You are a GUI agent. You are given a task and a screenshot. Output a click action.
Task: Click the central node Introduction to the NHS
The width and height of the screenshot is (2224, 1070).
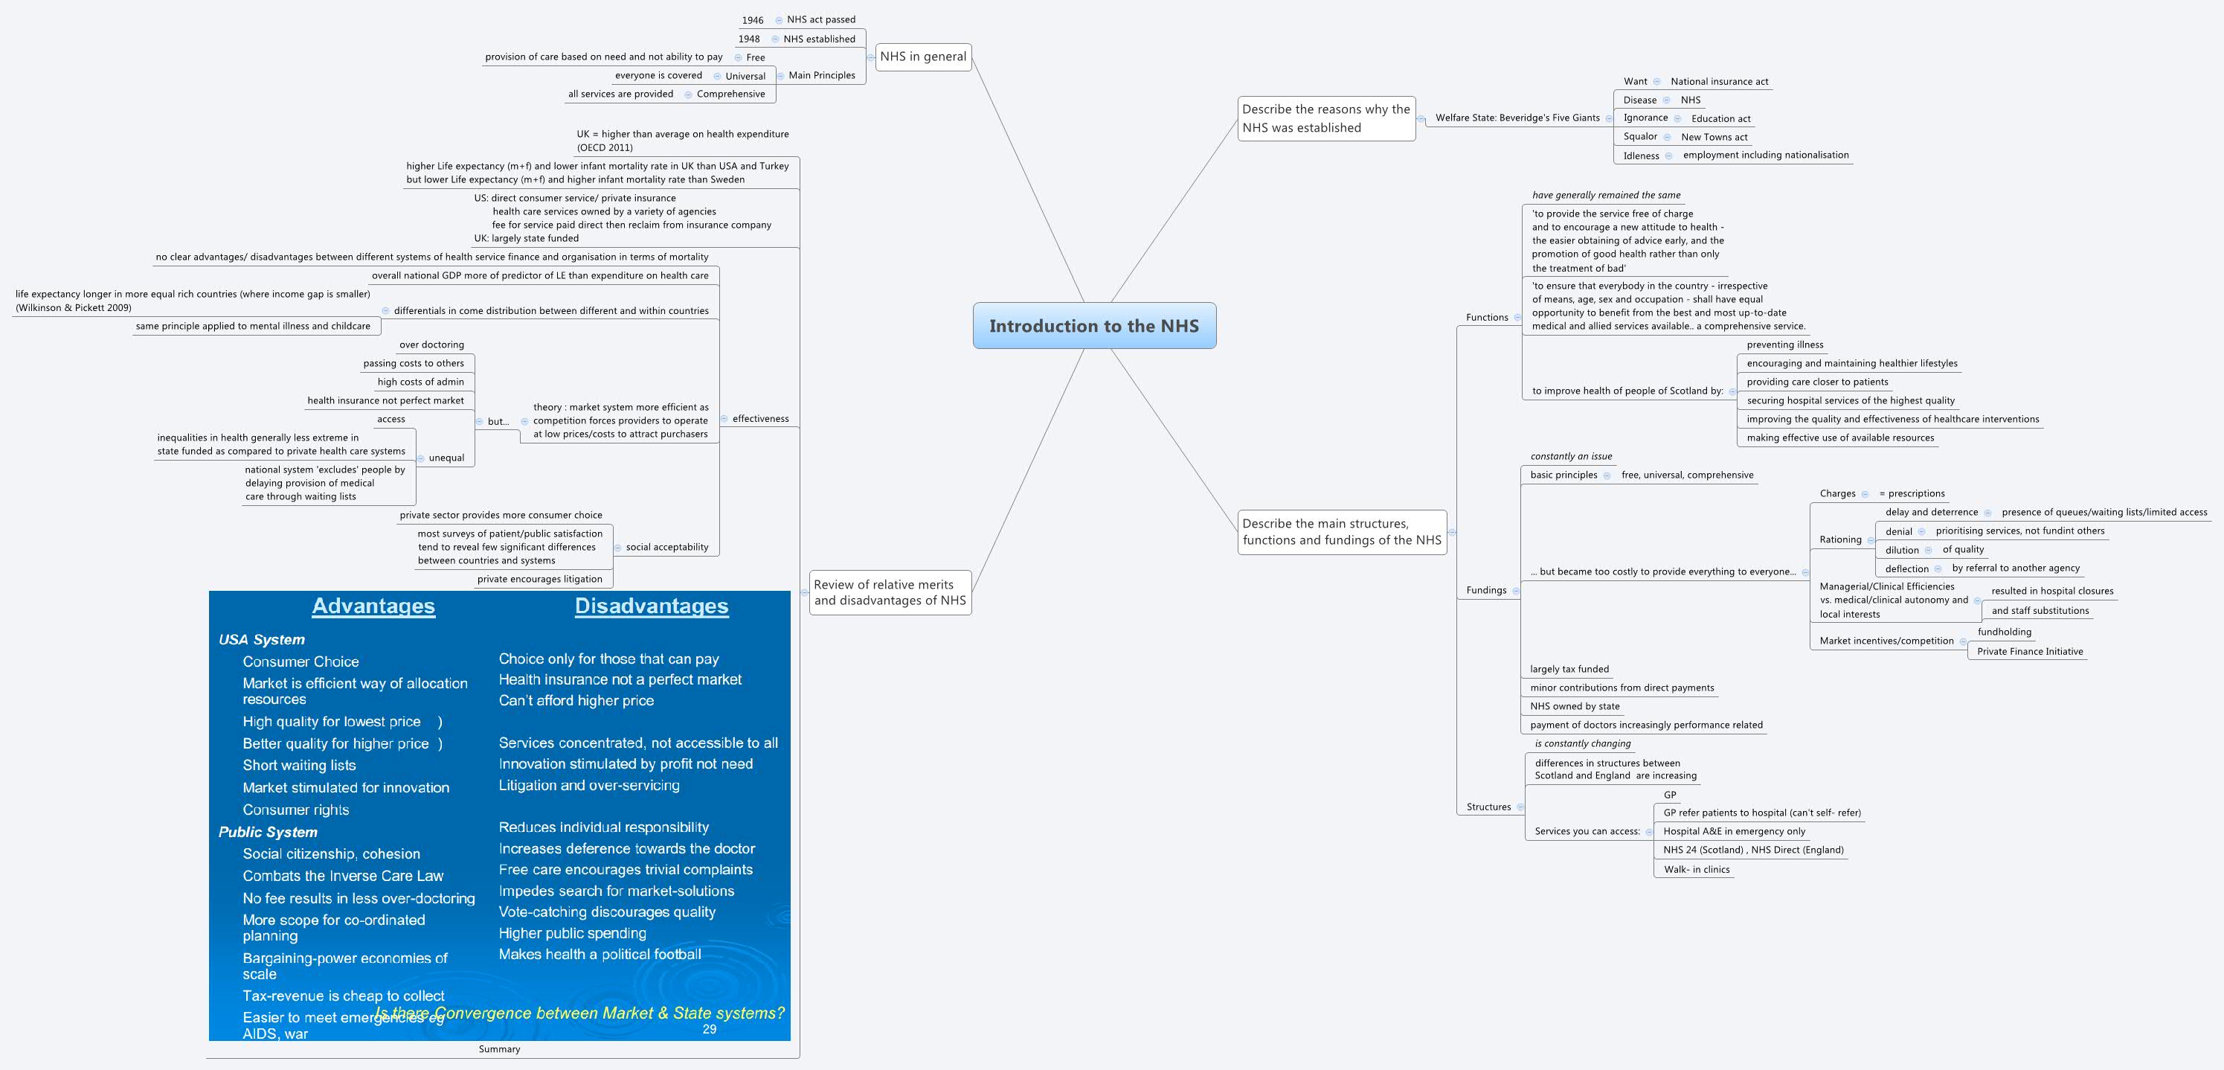(1094, 326)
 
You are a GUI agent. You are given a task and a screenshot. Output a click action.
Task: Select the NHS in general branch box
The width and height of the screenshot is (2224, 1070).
(923, 57)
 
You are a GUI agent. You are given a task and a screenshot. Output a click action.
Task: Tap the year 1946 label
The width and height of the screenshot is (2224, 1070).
(752, 20)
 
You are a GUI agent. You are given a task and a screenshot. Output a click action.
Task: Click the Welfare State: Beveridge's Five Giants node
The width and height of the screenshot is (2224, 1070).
(1517, 118)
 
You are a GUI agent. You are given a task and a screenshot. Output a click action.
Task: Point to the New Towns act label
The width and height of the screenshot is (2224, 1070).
(1714, 138)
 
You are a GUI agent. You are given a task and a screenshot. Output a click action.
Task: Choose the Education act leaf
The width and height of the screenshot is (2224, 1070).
(1720, 119)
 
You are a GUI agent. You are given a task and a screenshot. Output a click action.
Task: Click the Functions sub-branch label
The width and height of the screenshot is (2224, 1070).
(1487, 318)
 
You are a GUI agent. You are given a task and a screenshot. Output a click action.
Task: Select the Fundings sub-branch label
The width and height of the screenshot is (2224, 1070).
(1486, 591)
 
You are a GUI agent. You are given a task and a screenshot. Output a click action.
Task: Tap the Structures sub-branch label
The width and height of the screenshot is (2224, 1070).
(1488, 807)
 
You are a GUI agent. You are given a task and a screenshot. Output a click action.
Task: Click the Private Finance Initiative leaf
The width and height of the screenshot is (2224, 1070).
(2030, 652)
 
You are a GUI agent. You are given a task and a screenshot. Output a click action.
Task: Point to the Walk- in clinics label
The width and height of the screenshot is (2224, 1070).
(1697, 870)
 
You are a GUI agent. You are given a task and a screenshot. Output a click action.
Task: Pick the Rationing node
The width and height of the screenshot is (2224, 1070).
(1839, 539)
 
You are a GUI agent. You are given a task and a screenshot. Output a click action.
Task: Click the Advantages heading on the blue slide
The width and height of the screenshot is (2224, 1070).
(373, 606)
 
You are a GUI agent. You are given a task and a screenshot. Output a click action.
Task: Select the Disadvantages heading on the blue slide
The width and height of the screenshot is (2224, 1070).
(651, 606)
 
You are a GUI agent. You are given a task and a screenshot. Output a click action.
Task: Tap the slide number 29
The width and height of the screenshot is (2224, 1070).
(709, 1029)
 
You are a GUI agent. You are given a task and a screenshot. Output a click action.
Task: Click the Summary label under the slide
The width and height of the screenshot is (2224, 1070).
(499, 1049)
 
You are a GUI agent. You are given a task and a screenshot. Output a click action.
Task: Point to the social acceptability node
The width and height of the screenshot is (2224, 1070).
(666, 548)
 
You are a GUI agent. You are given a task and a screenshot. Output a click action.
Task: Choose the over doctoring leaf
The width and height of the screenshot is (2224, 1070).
(431, 345)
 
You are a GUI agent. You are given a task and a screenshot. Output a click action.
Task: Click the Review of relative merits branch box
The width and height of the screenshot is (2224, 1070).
(890, 592)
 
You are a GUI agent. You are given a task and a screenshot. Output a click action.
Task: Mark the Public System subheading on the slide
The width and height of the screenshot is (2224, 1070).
(268, 833)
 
